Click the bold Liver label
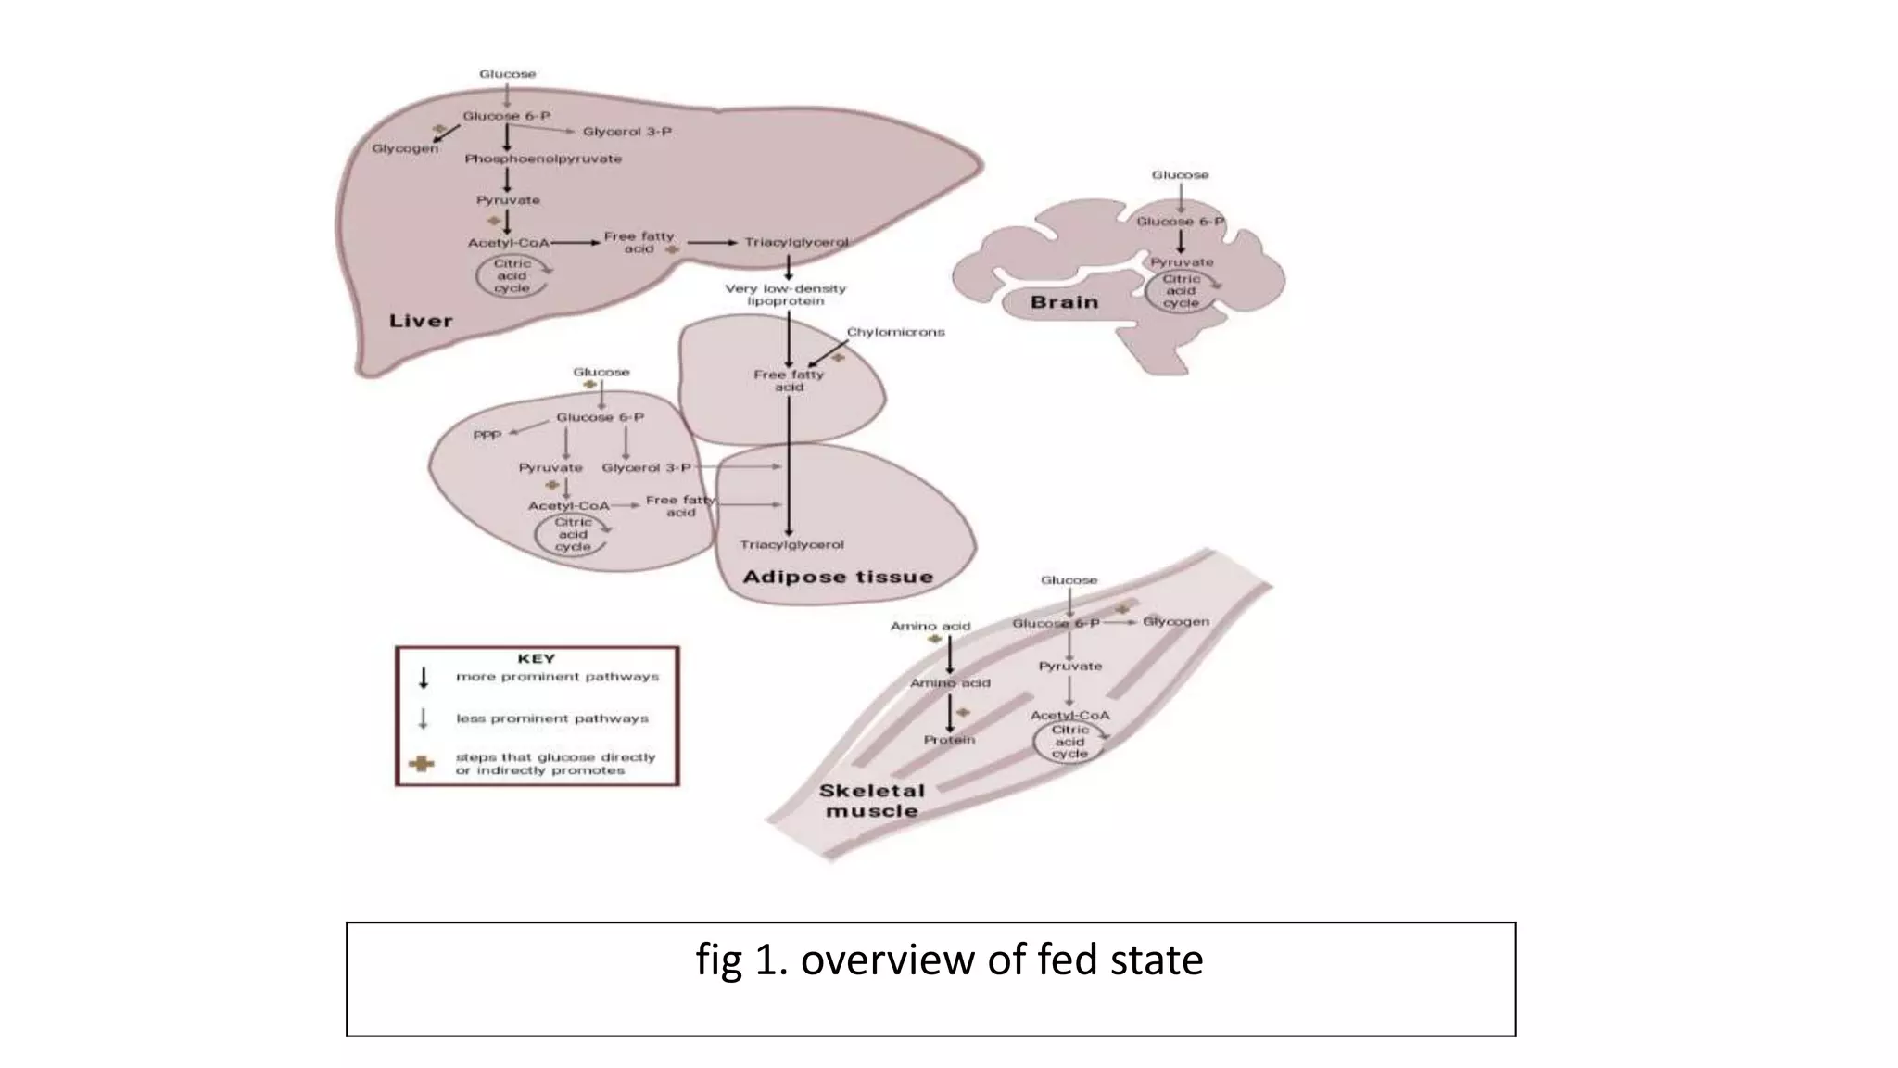click(x=421, y=321)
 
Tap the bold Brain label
click(x=1064, y=302)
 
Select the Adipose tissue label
click(x=838, y=577)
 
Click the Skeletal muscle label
click(x=870, y=801)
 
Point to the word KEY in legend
click(x=536, y=658)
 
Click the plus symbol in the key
click(x=423, y=764)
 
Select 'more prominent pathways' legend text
click(x=557, y=677)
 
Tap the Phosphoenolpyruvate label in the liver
click(x=543, y=159)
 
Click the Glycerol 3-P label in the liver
click(x=627, y=132)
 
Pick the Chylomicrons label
click(x=895, y=332)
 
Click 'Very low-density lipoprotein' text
click(x=786, y=295)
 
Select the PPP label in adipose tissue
click(x=487, y=434)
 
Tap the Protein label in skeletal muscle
click(x=949, y=740)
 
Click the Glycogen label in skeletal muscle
click(x=1175, y=621)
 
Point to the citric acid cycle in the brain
click(x=1181, y=291)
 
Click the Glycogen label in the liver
click(x=405, y=148)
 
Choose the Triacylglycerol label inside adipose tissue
click(x=791, y=544)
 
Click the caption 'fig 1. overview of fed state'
click(x=949, y=960)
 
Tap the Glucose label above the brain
click(x=1180, y=174)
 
